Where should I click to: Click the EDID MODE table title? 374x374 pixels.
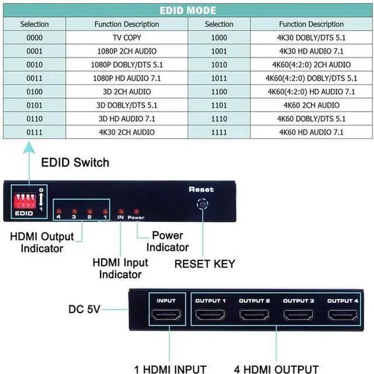187,11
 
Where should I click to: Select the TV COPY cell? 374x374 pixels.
126,37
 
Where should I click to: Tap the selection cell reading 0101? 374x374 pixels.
34,105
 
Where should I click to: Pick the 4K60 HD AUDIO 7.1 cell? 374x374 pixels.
311,132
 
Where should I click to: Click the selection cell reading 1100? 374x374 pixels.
219,92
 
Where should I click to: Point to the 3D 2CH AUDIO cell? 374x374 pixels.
126,92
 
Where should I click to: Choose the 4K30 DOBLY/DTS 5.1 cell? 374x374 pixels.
311,37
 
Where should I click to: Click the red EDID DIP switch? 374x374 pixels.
25,200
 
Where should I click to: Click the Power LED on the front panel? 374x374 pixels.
136,211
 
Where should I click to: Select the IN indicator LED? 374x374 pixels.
120,211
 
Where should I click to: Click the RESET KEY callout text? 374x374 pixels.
205,264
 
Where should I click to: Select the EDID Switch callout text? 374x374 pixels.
75,162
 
